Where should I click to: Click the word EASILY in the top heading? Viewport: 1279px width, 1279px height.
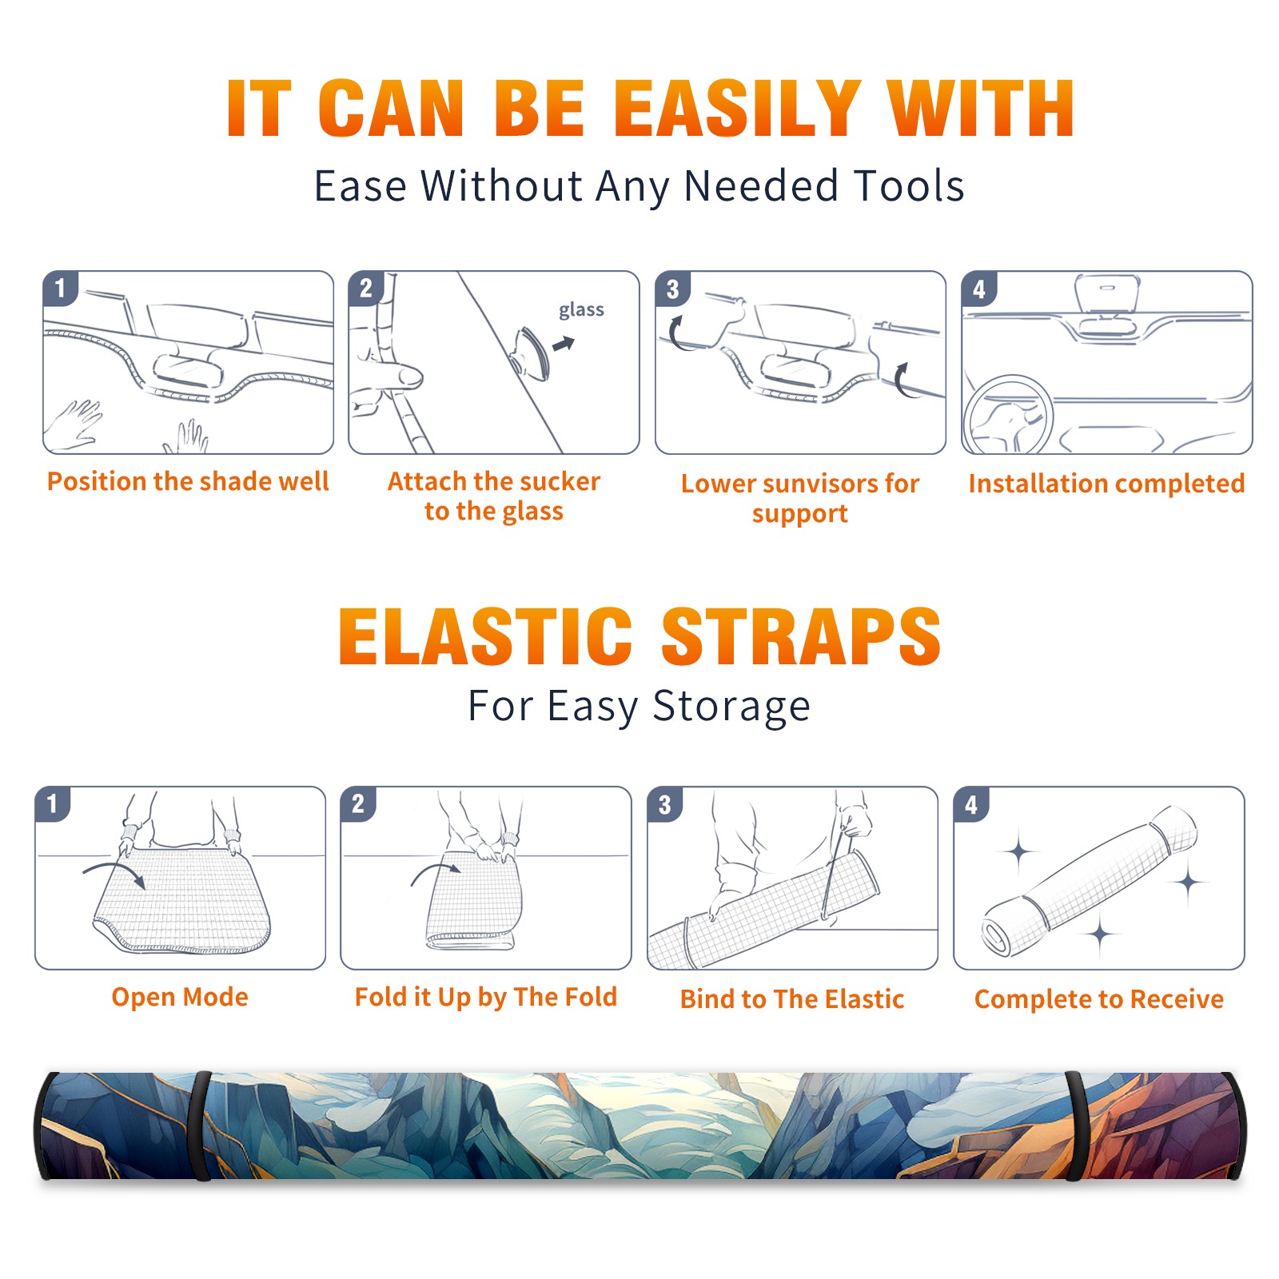(x=737, y=109)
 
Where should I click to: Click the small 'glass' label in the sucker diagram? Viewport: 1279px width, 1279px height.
(x=581, y=310)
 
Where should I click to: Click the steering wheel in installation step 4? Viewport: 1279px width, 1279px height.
(x=1008, y=415)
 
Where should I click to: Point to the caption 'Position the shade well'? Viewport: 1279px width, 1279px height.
(x=188, y=481)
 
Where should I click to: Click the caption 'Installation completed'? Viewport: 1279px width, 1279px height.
(x=1106, y=484)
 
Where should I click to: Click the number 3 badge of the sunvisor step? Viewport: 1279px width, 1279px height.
(x=671, y=289)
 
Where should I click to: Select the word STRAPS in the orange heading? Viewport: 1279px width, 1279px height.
(x=801, y=636)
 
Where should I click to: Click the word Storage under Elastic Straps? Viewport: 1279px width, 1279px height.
(x=731, y=707)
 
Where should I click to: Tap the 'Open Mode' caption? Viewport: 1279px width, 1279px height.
(x=180, y=997)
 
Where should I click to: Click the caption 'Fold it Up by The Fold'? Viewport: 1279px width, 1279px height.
(x=486, y=998)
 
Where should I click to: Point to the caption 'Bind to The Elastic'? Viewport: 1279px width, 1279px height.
(x=792, y=999)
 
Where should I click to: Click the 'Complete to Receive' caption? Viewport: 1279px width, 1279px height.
(x=1099, y=999)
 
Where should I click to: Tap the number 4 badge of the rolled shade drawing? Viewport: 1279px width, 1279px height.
(x=970, y=804)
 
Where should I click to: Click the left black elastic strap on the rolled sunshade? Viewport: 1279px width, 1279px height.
(x=201, y=1126)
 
